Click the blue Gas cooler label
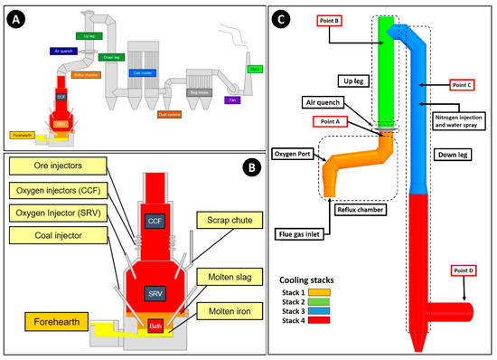tap(144, 71)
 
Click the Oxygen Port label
tap(293, 154)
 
